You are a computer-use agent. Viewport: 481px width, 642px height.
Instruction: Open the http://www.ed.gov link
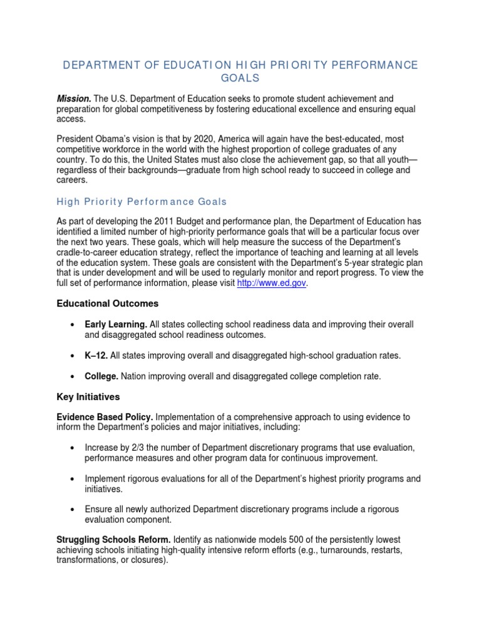click(272, 283)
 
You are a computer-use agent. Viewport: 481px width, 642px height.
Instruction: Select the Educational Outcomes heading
click(108, 304)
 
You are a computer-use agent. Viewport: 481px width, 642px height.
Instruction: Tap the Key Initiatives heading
click(88, 397)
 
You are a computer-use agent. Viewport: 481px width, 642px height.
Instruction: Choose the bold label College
click(101, 376)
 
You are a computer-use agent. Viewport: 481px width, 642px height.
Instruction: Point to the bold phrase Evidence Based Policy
click(105, 417)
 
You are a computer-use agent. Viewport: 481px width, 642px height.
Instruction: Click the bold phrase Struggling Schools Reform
click(113, 540)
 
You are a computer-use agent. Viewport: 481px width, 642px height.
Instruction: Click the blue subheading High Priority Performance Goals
click(142, 202)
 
